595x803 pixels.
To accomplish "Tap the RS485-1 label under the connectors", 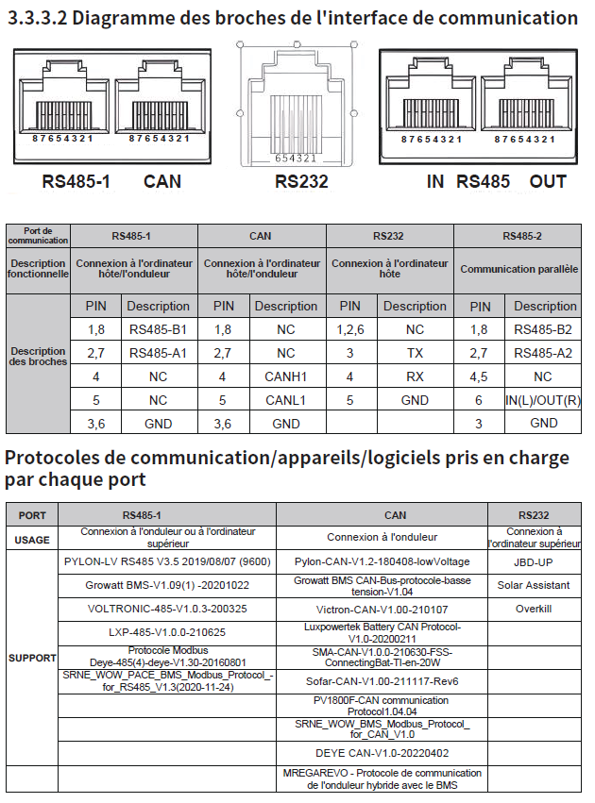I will click(76, 181).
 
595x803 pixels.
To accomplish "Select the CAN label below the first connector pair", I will click(161, 181).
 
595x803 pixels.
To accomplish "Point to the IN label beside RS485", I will click(434, 181).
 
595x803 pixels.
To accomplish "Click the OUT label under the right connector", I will click(549, 181).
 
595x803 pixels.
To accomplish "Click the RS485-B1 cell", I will click(158, 330).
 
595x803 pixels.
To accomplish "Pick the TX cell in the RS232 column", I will click(415, 353).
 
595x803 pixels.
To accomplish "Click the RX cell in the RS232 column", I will click(415, 376).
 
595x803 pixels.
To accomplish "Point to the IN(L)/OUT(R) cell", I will click(543, 400).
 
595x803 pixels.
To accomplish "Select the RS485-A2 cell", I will click(543, 353).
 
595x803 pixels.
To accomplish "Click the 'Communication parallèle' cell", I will click(518, 269).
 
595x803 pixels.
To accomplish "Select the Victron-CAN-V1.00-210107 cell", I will click(382, 609).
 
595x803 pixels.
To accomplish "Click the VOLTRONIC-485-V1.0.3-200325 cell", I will click(167, 609).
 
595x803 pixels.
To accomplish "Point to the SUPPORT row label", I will click(32, 657).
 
